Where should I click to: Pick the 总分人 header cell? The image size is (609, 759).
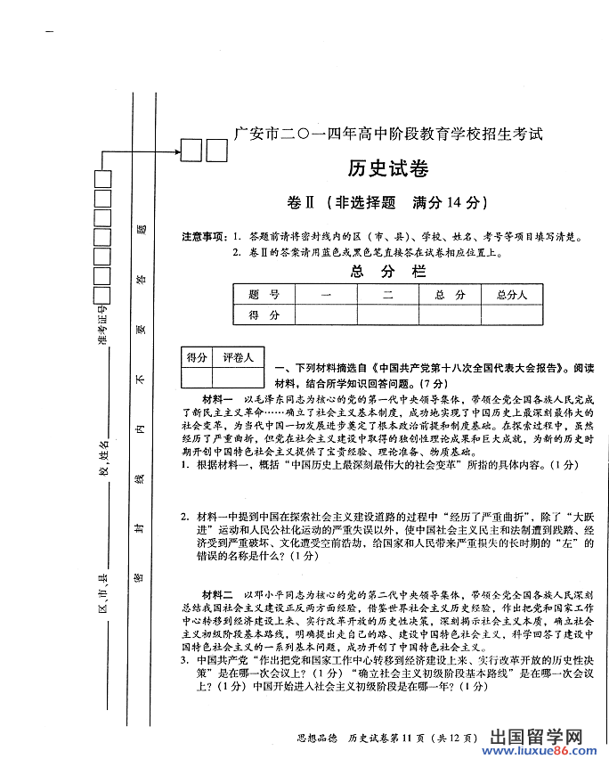click(x=512, y=295)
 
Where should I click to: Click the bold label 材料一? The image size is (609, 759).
click(x=217, y=398)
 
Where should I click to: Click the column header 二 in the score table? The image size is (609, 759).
click(x=387, y=295)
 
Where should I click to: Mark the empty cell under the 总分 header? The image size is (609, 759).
click(x=450, y=314)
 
